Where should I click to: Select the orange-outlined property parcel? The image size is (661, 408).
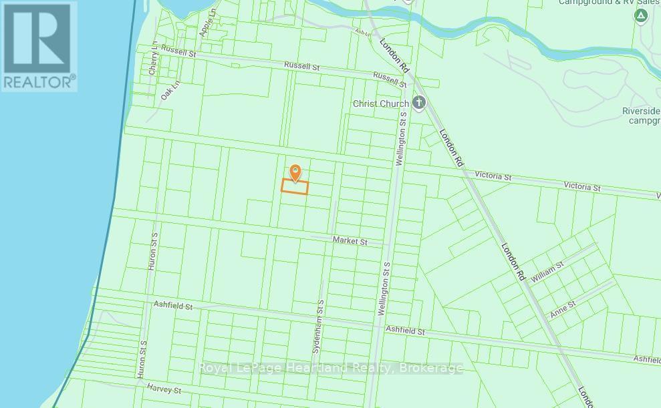(294, 187)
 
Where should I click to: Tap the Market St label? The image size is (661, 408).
(350, 241)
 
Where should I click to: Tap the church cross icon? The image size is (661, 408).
(419, 103)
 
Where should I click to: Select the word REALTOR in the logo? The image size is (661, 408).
(39, 82)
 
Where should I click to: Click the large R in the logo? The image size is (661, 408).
(38, 38)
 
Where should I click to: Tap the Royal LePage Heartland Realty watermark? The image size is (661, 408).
(332, 368)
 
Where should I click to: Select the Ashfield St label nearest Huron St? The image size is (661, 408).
(172, 306)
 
